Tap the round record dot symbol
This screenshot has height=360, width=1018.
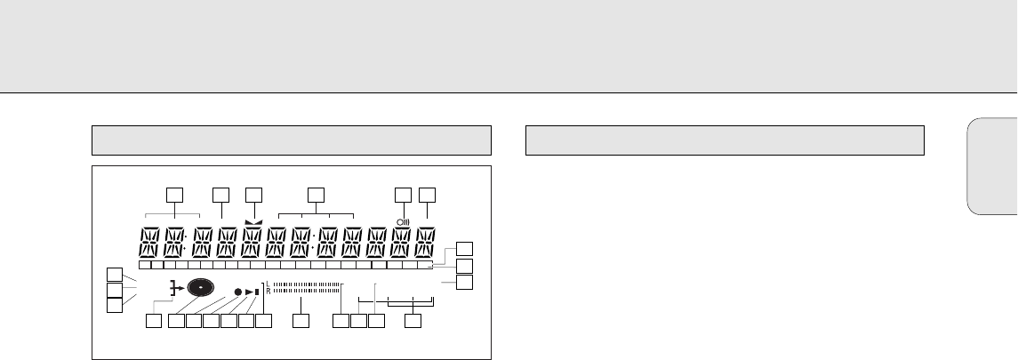[x=238, y=292]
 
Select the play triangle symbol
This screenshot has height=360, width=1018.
[x=250, y=292]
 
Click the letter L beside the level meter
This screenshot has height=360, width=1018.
[x=268, y=284]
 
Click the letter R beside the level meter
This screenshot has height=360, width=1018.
[x=268, y=291]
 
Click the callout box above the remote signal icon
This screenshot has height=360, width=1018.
[x=404, y=193]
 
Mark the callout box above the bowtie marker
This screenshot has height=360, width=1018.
[x=254, y=193]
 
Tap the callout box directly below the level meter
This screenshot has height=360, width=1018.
[x=302, y=321]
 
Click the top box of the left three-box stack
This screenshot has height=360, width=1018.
[x=114, y=274]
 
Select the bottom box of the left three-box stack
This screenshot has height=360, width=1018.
[x=114, y=305]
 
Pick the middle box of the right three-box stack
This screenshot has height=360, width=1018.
[x=464, y=266]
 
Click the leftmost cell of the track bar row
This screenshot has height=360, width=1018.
[x=144, y=264]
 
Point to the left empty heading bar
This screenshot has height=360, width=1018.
[x=292, y=140]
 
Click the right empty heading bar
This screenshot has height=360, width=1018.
[x=725, y=140]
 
